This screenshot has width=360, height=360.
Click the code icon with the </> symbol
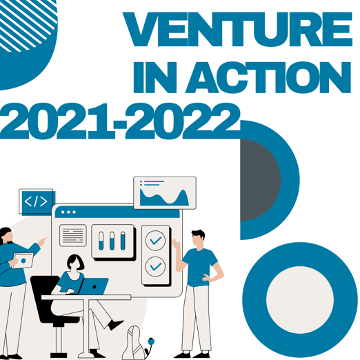point(36,201)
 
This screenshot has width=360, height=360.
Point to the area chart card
point(165,193)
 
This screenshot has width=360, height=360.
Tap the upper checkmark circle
point(156,240)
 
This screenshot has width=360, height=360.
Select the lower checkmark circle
point(156,266)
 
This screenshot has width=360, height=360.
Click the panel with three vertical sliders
point(112,241)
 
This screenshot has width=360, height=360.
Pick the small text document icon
point(72,235)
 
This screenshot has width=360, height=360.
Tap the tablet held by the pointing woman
point(23,260)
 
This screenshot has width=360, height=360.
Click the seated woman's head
point(75,263)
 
